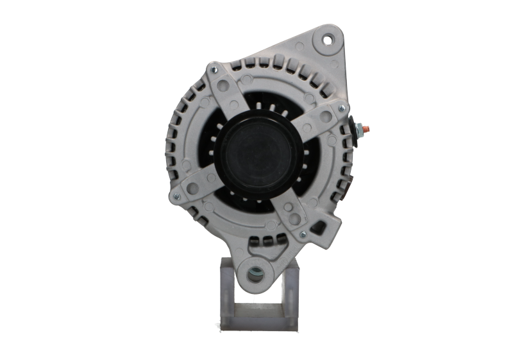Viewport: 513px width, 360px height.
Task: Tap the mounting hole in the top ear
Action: click(x=329, y=40)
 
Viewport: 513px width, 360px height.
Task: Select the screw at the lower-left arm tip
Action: click(x=173, y=194)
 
